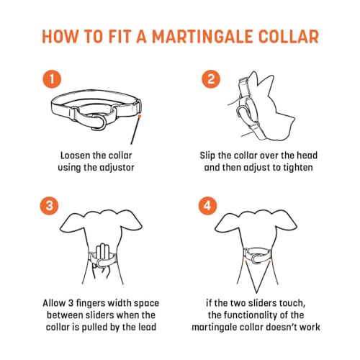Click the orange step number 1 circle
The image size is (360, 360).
point(52,79)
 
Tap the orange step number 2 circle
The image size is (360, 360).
point(211,79)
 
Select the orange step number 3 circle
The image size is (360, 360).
point(49,206)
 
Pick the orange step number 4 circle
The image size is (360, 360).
point(208,206)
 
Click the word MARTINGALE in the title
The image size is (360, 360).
point(202,37)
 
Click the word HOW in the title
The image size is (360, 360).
point(60,37)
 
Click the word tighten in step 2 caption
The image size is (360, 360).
point(298,168)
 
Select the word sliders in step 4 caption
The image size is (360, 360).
point(263,303)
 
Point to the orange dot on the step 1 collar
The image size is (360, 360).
point(140,116)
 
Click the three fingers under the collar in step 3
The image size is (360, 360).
point(102,253)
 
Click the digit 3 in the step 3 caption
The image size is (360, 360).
point(71,303)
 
